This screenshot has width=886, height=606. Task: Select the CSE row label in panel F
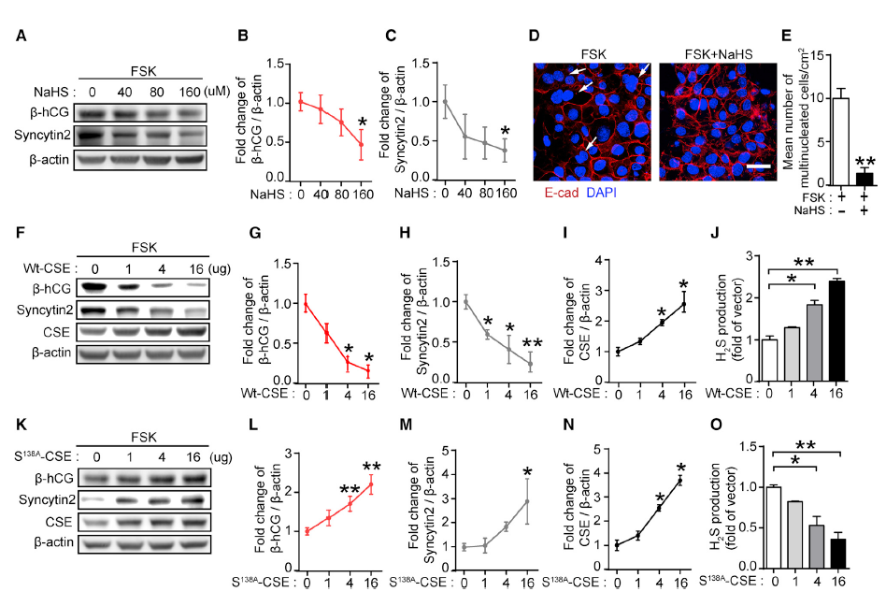(x=59, y=331)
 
